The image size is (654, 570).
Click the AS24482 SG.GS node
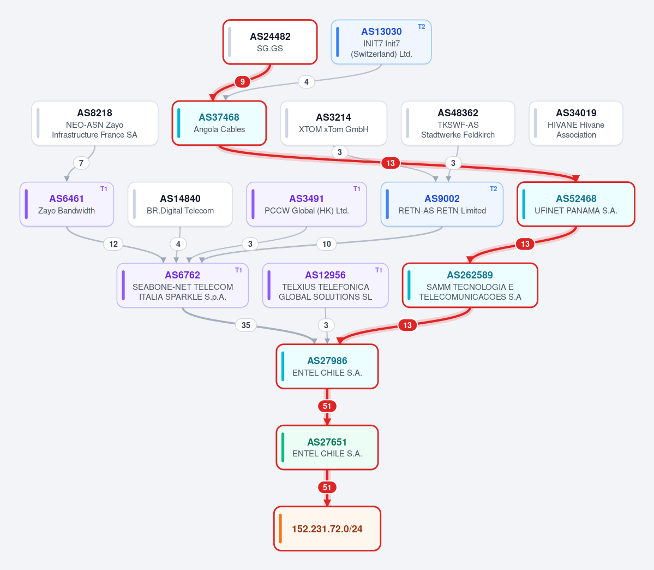point(270,42)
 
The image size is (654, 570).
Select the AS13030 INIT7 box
point(381,42)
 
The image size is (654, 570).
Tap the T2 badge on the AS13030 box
point(421,27)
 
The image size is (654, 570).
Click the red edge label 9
point(242,81)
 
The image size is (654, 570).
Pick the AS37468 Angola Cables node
point(219,123)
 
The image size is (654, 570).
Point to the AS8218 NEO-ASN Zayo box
point(95,123)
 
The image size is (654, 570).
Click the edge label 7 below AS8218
point(81,163)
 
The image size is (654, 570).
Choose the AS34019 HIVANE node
point(576,123)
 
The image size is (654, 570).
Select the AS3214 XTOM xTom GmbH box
point(334,123)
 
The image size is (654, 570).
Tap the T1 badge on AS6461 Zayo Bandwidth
point(104,189)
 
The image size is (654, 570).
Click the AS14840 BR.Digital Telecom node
point(180,204)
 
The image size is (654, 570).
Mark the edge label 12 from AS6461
point(113,244)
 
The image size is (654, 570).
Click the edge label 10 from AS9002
point(327,244)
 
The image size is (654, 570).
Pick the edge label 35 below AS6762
point(246,325)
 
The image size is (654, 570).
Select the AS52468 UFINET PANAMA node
point(576,204)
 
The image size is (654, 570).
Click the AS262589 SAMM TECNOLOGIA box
point(470,285)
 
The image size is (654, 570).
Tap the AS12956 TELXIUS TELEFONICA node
point(325,285)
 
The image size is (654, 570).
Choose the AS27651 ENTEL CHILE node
point(327,448)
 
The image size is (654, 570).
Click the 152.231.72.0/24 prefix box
point(327,529)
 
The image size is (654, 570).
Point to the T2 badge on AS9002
point(494,189)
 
